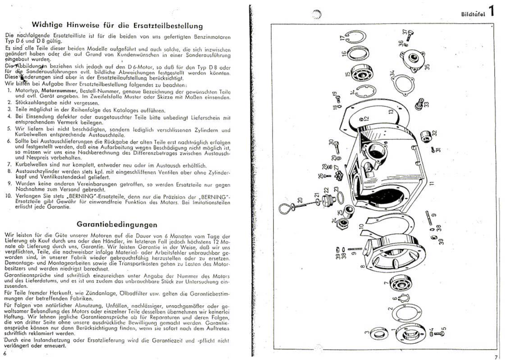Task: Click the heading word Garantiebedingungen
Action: tap(117, 224)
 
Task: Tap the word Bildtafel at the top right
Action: tap(473, 14)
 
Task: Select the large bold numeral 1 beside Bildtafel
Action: tap(491, 11)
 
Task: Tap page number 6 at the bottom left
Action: tap(5, 354)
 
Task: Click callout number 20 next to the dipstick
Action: tap(299, 200)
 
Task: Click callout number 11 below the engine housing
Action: tap(431, 183)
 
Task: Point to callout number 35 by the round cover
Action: tap(427, 66)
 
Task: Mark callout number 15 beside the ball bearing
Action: tap(347, 75)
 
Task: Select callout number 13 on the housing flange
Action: tap(391, 110)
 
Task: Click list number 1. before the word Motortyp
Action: tap(9, 91)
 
